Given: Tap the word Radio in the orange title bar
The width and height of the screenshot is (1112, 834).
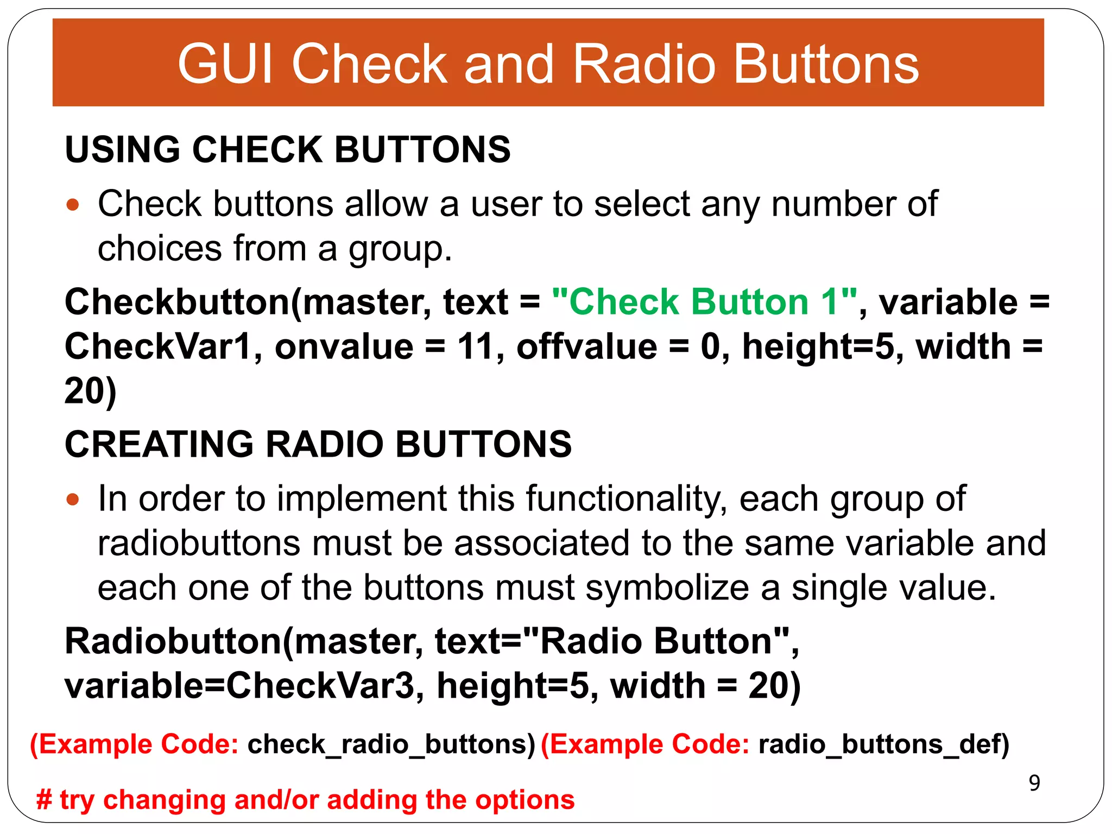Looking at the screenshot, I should point(644,64).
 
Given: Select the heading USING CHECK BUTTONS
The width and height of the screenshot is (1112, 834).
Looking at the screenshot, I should point(287,149).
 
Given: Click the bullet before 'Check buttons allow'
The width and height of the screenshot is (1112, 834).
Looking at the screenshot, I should point(73,205).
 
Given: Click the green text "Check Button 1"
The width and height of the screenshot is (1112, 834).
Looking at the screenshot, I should point(704,302).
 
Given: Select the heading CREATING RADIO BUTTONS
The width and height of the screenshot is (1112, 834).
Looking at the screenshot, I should point(318,444).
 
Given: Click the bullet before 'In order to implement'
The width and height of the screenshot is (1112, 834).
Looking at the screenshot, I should point(73,500).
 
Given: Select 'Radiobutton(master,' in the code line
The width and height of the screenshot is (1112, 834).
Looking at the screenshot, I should point(244,641).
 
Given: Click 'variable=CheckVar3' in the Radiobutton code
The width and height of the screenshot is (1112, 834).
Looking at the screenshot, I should point(239,686).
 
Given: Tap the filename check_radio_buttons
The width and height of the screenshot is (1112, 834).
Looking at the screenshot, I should point(391,744).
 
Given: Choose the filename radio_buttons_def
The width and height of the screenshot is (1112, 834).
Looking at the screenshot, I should point(883,744).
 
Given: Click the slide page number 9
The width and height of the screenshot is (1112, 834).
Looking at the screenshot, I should point(1034,783).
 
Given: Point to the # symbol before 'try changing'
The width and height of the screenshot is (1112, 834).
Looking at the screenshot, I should point(44,800).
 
